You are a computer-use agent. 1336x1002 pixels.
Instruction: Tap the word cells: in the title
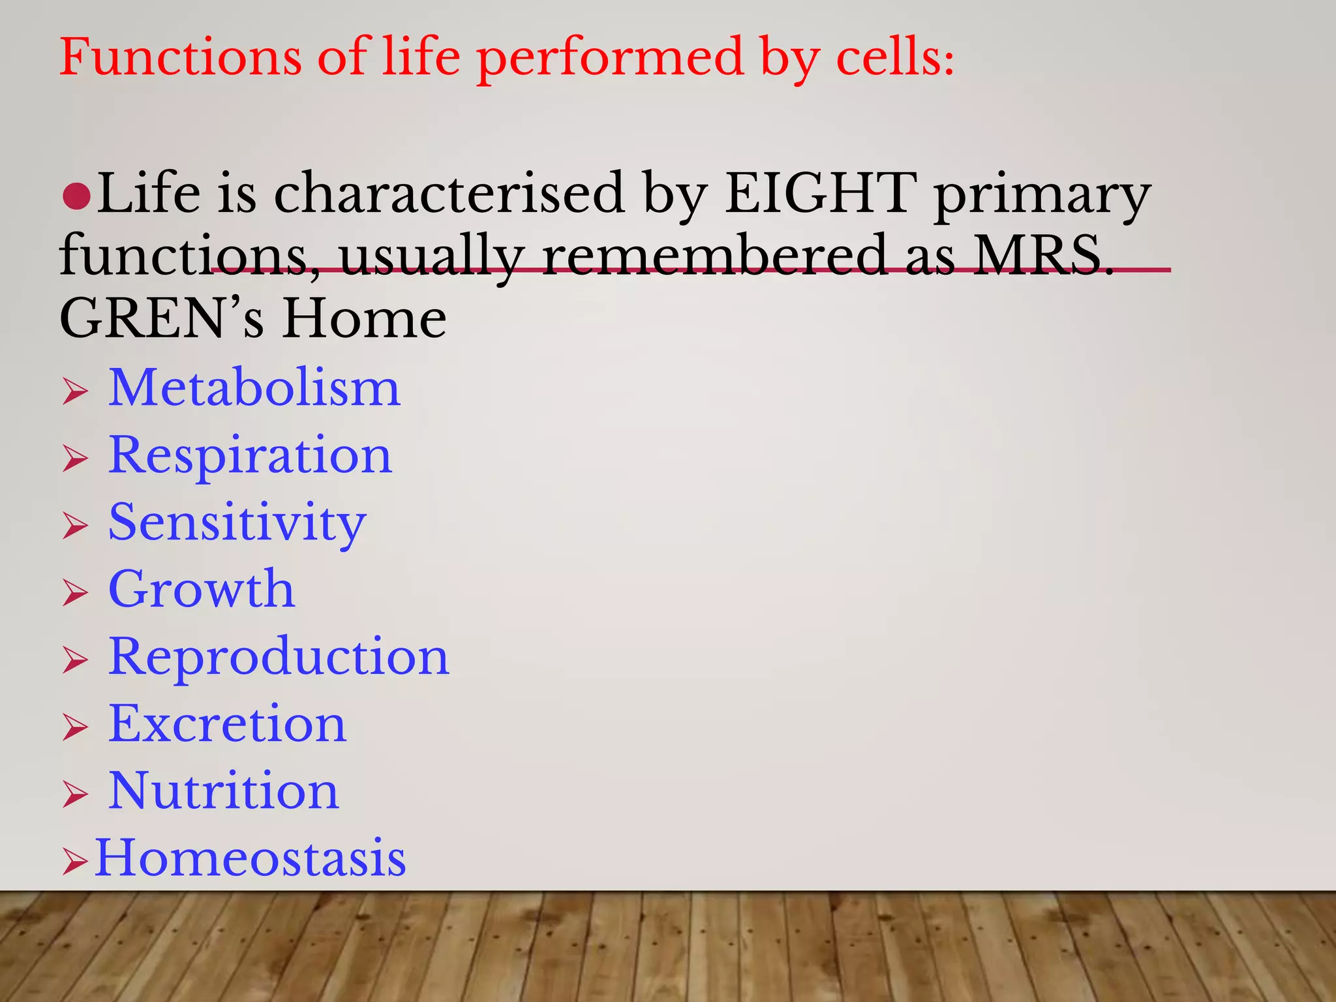tap(895, 57)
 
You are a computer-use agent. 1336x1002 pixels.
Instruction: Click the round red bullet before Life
tap(76, 196)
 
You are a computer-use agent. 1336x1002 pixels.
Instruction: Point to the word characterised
tap(449, 193)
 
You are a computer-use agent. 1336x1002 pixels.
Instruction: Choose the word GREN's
tap(162, 319)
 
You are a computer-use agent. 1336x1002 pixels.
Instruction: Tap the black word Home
tap(364, 319)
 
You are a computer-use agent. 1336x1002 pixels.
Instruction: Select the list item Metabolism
tap(254, 388)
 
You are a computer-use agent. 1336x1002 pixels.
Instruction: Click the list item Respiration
tap(250, 455)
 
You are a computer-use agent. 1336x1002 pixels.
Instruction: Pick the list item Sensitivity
tap(237, 523)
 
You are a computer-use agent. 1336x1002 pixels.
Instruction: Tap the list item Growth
tap(202, 589)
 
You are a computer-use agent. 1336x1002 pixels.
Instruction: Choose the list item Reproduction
tap(279, 657)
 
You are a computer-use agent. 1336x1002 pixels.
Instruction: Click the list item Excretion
tap(227, 724)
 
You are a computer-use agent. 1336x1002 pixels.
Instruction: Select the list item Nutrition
tap(223, 791)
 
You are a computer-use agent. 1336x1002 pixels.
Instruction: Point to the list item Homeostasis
tap(250, 858)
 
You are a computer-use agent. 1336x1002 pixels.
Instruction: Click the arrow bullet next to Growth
tap(75, 593)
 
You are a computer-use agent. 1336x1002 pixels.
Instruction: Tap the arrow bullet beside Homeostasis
tap(75, 862)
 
